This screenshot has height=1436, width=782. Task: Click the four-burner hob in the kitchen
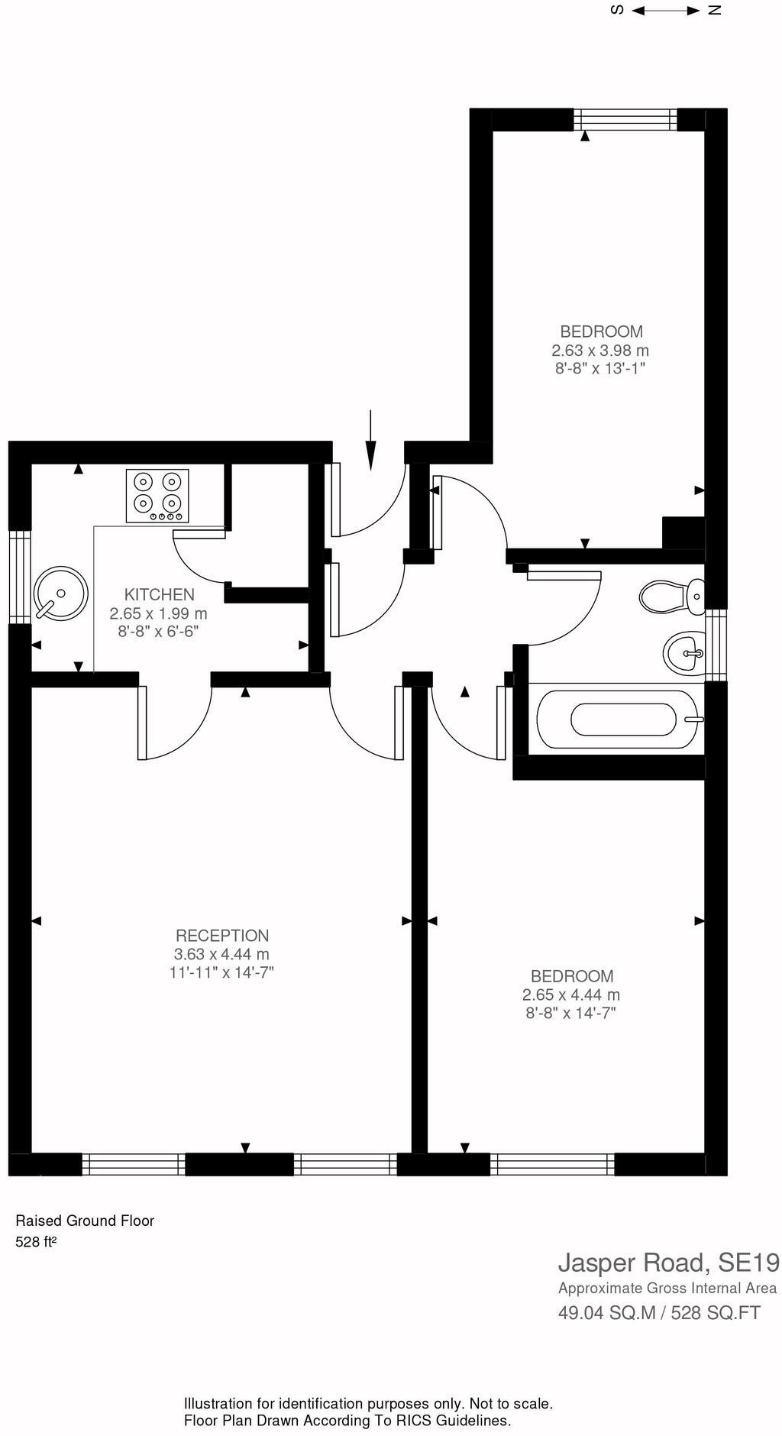[x=157, y=496]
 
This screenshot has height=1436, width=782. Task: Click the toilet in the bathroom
[x=672, y=597]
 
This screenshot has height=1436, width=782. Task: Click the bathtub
[x=618, y=720]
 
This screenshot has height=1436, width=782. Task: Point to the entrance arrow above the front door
[x=370, y=440]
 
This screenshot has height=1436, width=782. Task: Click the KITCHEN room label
[x=159, y=594]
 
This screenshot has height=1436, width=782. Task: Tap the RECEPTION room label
[x=222, y=936]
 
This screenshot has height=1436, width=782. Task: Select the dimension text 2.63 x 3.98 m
[x=600, y=351]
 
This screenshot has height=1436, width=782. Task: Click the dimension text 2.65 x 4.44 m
[x=571, y=995]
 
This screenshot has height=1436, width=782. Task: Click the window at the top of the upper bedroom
[x=625, y=119]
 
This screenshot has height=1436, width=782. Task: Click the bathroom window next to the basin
[x=716, y=645]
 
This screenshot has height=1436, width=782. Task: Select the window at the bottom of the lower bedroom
[x=552, y=1164]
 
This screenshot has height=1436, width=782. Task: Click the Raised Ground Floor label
[x=85, y=1221]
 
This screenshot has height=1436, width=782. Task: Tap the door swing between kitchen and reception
[x=173, y=726]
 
